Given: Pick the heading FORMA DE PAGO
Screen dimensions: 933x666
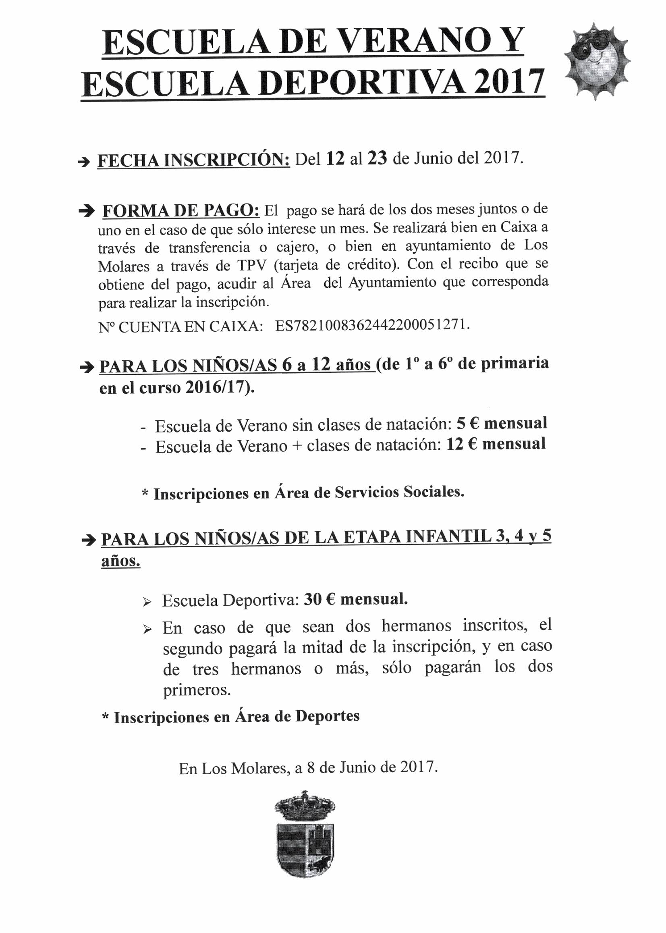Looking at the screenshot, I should point(181,211).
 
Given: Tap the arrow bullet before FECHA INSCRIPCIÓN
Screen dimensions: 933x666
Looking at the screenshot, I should point(84,162).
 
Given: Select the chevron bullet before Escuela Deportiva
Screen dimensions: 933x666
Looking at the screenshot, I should point(147,602).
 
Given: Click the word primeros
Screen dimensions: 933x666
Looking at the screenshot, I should point(197,691).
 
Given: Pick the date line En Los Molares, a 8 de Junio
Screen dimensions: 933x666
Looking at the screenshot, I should point(308,767).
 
